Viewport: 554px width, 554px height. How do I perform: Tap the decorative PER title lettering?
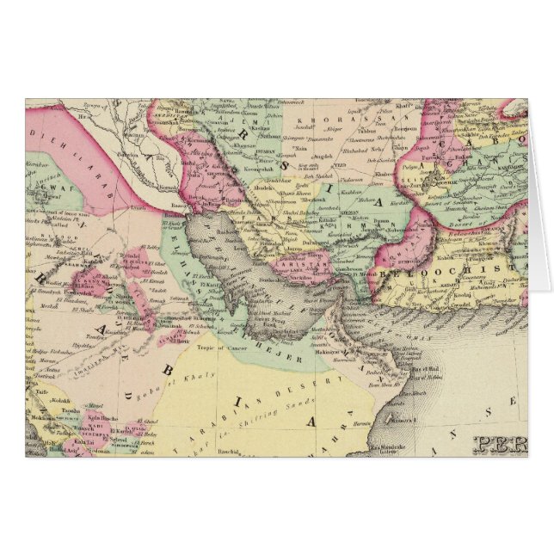point(498,446)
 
